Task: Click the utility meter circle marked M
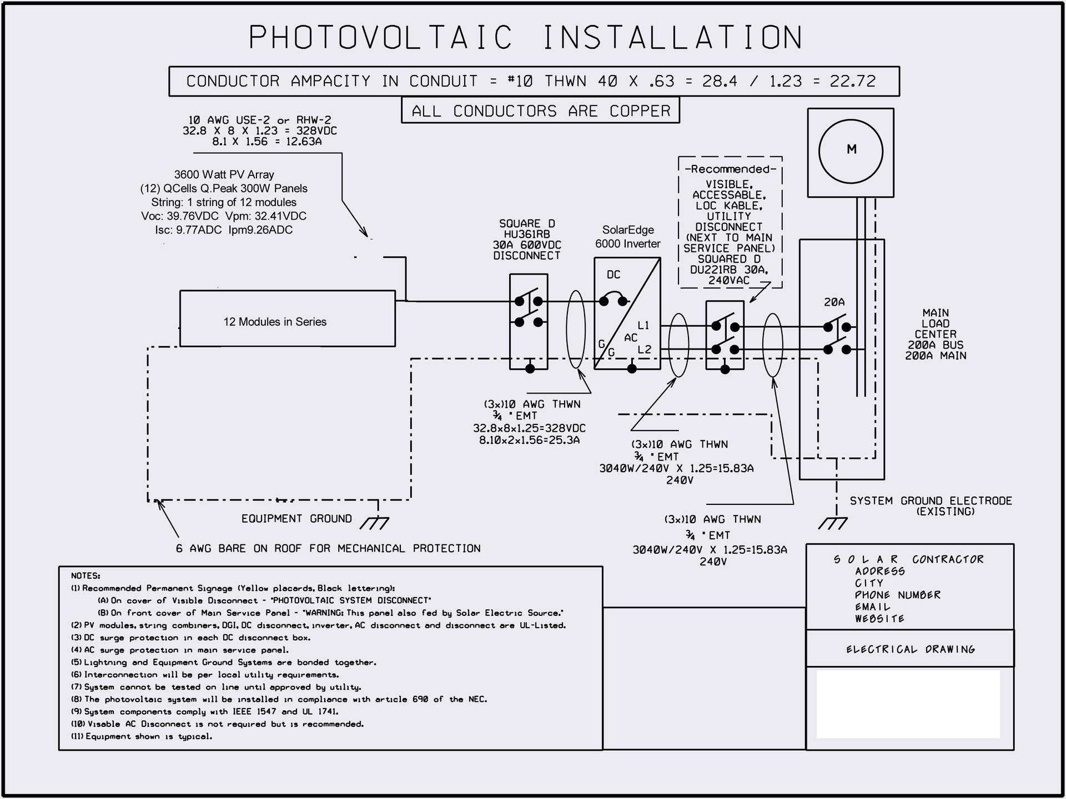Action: (851, 150)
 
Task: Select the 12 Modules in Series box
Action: (287, 319)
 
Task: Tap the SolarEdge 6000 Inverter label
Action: (627, 236)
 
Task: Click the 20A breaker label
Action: (834, 302)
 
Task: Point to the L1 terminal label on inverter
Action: (643, 325)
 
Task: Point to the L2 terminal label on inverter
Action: (644, 350)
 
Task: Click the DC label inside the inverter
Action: (614, 275)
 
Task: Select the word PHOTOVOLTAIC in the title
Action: (380, 38)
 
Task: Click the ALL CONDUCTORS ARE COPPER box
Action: (540, 111)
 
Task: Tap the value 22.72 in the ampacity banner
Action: (853, 82)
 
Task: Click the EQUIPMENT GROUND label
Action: (296, 519)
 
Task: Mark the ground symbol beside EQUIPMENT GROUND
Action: (375, 522)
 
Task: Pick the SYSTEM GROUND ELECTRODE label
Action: (931, 501)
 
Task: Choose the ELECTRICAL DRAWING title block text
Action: (910, 649)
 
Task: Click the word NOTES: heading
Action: (86, 576)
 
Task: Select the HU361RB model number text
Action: (526, 234)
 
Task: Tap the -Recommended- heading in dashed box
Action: (730, 169)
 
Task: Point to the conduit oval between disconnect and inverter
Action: (575, 330)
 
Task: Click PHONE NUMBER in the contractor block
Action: (897, 595)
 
